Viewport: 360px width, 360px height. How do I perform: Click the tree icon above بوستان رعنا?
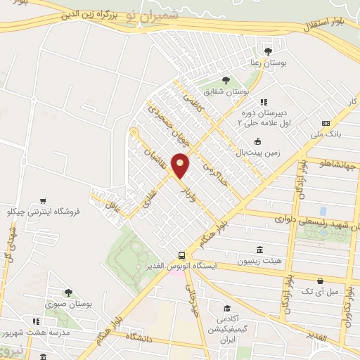point(267,51)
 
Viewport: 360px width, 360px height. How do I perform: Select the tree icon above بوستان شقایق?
point(225,80)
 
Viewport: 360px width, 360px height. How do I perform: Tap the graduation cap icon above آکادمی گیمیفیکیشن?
point(226,309)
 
